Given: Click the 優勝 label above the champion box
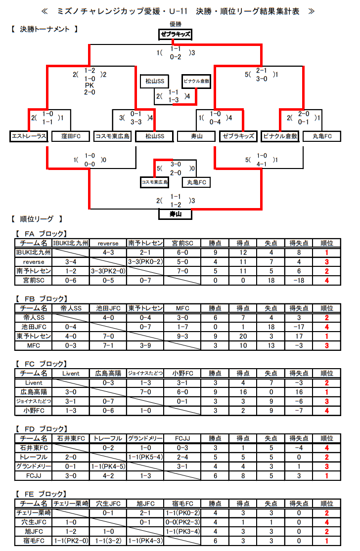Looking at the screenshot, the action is point(176,24).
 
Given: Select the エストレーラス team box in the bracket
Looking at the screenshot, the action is point(29,136).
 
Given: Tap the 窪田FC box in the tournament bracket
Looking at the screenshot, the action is point(71,136).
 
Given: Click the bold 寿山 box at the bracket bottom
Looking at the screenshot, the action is point(176,214).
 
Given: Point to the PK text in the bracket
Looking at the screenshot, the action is point(90,85).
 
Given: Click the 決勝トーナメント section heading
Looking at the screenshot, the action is point(45,29).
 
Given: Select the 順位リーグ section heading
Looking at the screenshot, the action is point(37,219).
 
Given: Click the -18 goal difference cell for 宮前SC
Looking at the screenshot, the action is point(299,280).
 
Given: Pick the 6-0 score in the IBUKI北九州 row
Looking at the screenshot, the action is point(182,253).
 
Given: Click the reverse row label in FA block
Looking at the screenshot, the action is point(34,262).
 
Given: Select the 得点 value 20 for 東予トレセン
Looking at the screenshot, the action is point(243,337).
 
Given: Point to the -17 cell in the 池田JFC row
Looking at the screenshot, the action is point(299,327).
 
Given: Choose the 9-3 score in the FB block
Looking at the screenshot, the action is point(182,337).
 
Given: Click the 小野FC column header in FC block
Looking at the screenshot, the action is point(182,373).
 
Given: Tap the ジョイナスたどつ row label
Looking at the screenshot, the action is point(34,401).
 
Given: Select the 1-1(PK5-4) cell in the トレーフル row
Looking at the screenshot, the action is point(145,457).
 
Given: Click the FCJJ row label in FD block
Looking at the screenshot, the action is point(34,476).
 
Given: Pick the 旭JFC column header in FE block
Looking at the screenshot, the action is point(145,504).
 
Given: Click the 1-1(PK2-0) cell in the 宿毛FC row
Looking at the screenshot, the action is point(71,541).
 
